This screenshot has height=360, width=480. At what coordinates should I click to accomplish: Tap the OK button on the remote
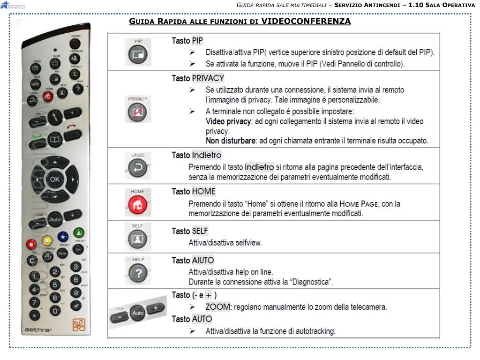click(x=54, y=179)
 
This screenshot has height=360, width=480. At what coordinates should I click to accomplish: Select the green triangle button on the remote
click(x=79, y=232)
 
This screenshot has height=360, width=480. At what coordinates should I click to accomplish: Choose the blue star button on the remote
click(x=63, y=237)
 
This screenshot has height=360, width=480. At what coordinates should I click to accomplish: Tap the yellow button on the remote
click(x=47, y=241)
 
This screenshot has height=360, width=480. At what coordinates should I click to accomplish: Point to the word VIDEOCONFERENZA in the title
click(x=306, y=22)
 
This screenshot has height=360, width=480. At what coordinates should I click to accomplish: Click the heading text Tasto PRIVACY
click(x=197, y=78)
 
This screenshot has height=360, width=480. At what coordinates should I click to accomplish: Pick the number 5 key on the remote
click(x=55, y=284)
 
